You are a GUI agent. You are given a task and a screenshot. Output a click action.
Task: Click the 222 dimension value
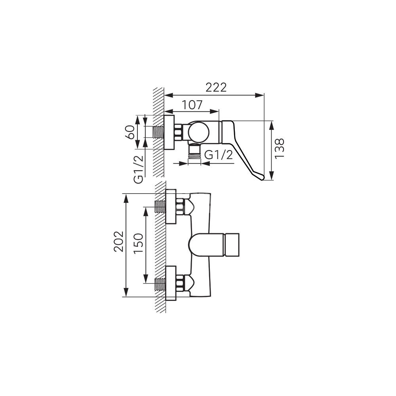pyautogui.click(x=216, y=88)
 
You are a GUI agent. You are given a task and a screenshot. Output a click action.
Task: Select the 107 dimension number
pyautogui.click(x=192, y=105)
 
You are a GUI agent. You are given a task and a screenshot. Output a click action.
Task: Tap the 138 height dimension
pyautogui.click(x=280, y=148)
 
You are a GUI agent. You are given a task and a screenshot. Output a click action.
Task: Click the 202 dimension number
pyautogui.click(x=118, y=242)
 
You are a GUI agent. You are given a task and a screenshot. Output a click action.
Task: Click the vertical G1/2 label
pyautogui.click(x=139, y=169)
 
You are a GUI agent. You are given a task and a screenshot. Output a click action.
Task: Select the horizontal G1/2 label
pyautogui.click(x=219, y=155)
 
